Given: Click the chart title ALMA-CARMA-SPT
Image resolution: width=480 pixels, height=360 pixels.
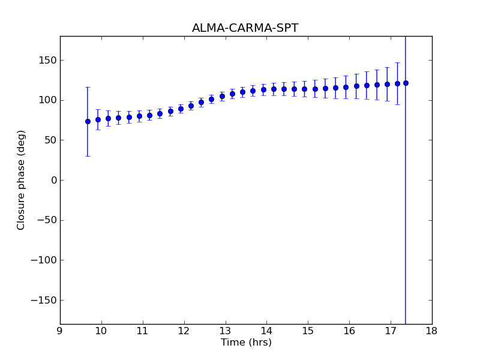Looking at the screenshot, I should [x=245, y=28].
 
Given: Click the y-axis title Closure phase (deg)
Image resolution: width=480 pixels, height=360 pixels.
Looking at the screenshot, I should [x=22, y=179].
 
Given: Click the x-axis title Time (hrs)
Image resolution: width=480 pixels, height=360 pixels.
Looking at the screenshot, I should [x=246, y=343].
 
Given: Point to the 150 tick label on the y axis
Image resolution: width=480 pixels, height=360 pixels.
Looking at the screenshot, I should [x=46, y=60].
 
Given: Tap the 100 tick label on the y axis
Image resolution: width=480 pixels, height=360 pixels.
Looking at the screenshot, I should [x=46, y=100].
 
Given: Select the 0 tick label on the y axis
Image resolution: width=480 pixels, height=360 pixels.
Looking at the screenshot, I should [x=53, y=180].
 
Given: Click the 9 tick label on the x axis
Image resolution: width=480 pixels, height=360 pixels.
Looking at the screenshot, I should [x=60, y=331].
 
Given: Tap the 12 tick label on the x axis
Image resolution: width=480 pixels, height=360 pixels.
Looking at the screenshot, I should [x=184, y=331].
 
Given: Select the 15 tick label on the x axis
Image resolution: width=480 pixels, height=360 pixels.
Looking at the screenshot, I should [x=308, y=331].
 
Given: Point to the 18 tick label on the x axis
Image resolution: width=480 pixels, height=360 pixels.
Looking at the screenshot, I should [x=431, y=331].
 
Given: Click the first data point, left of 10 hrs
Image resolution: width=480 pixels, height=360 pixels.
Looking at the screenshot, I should [x=88, y=121].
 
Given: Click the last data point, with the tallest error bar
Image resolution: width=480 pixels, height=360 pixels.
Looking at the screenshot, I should [x=406, y=83].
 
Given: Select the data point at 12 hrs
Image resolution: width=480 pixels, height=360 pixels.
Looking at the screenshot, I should [x=181, y=109].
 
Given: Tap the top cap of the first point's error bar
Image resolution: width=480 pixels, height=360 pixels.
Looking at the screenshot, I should [x=88, y=87].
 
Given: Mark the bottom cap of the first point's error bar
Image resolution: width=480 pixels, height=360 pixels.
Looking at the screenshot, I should [x=88, y=156].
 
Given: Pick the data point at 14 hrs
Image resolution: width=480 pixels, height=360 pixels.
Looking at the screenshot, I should [x=263, y=89].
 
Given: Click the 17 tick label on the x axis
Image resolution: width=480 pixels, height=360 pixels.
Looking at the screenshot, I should [x=390, y=331].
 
